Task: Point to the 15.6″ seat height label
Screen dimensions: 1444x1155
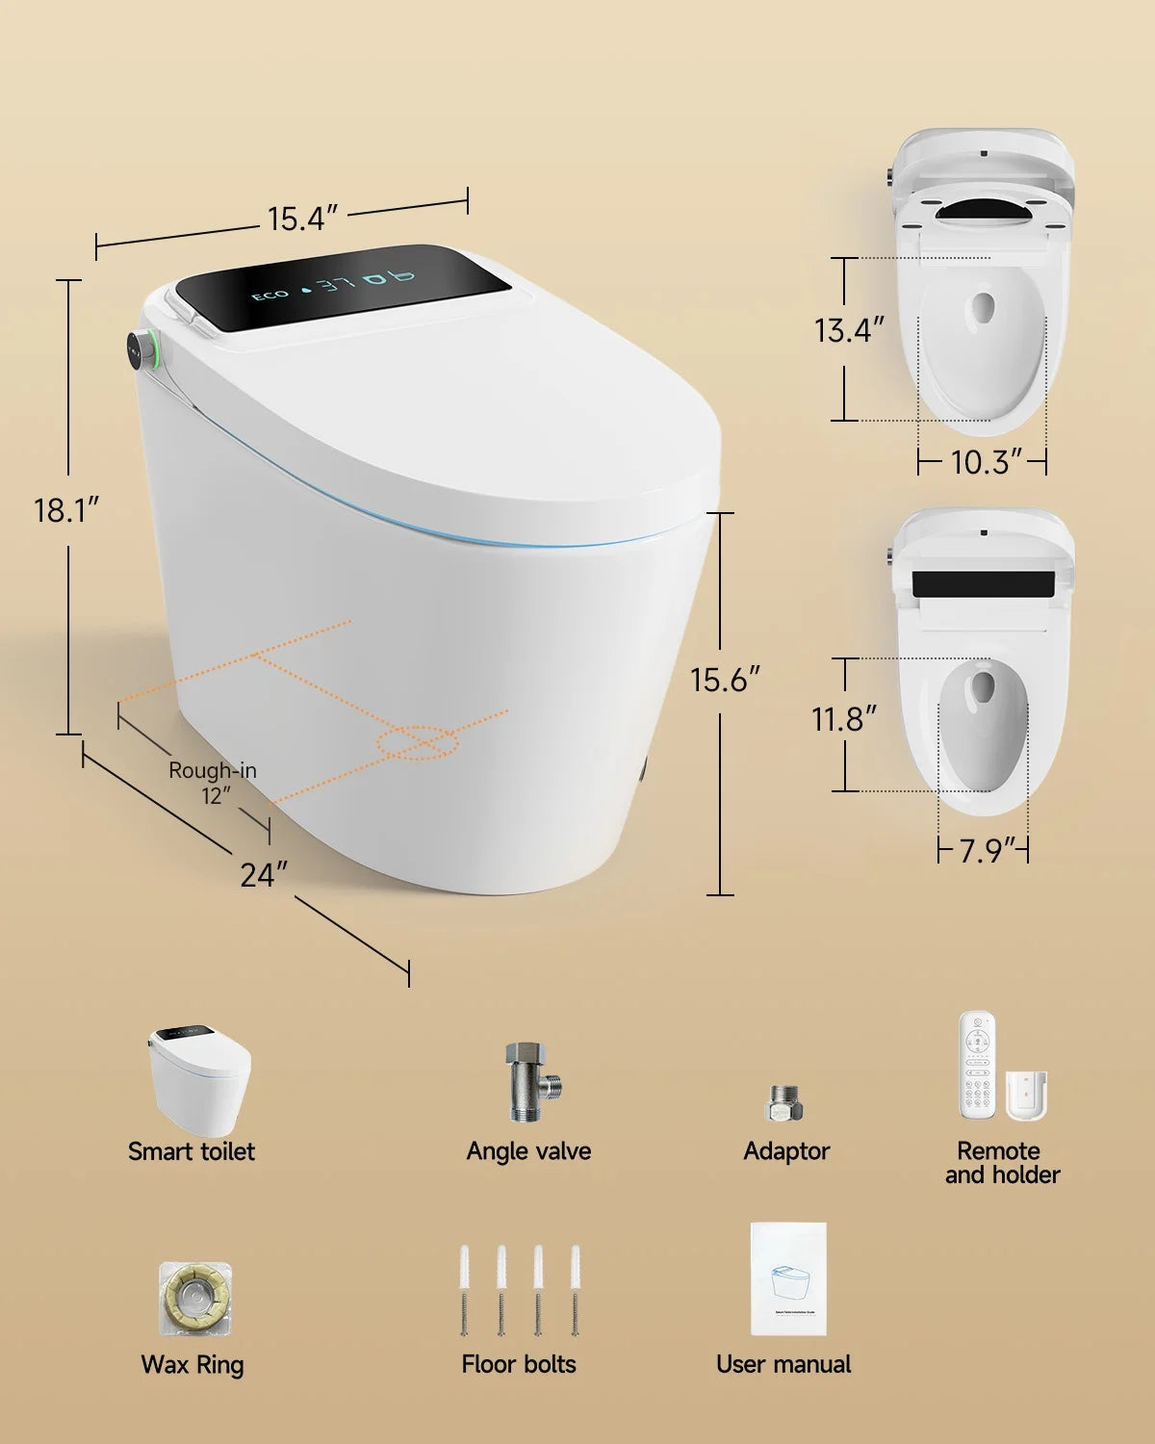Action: [x=725, y=680]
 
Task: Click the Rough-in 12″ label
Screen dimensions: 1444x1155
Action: [x=213, y=783]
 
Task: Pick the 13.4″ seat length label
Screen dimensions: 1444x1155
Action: [x=848, y=330]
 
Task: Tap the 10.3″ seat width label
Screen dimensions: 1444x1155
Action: [x=985, y=462]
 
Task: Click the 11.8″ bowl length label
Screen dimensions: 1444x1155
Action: [x=844, y=718]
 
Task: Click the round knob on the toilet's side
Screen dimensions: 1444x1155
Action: [x=141, y=348]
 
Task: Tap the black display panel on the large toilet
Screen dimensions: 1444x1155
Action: [x=342, y=286]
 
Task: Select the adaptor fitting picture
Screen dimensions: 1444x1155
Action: [x=785, y=1103]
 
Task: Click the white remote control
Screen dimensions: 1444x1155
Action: [x=979, y=1066]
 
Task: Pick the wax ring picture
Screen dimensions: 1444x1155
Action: [x=194, y=1299]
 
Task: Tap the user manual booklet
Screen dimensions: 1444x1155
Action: [x=788, y=1278]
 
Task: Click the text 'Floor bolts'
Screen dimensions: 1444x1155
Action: [x=519, y=1364]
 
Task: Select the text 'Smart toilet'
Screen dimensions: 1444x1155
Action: [x=192, y=1151]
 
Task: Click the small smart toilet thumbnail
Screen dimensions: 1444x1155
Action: [x=199, y=1080]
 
